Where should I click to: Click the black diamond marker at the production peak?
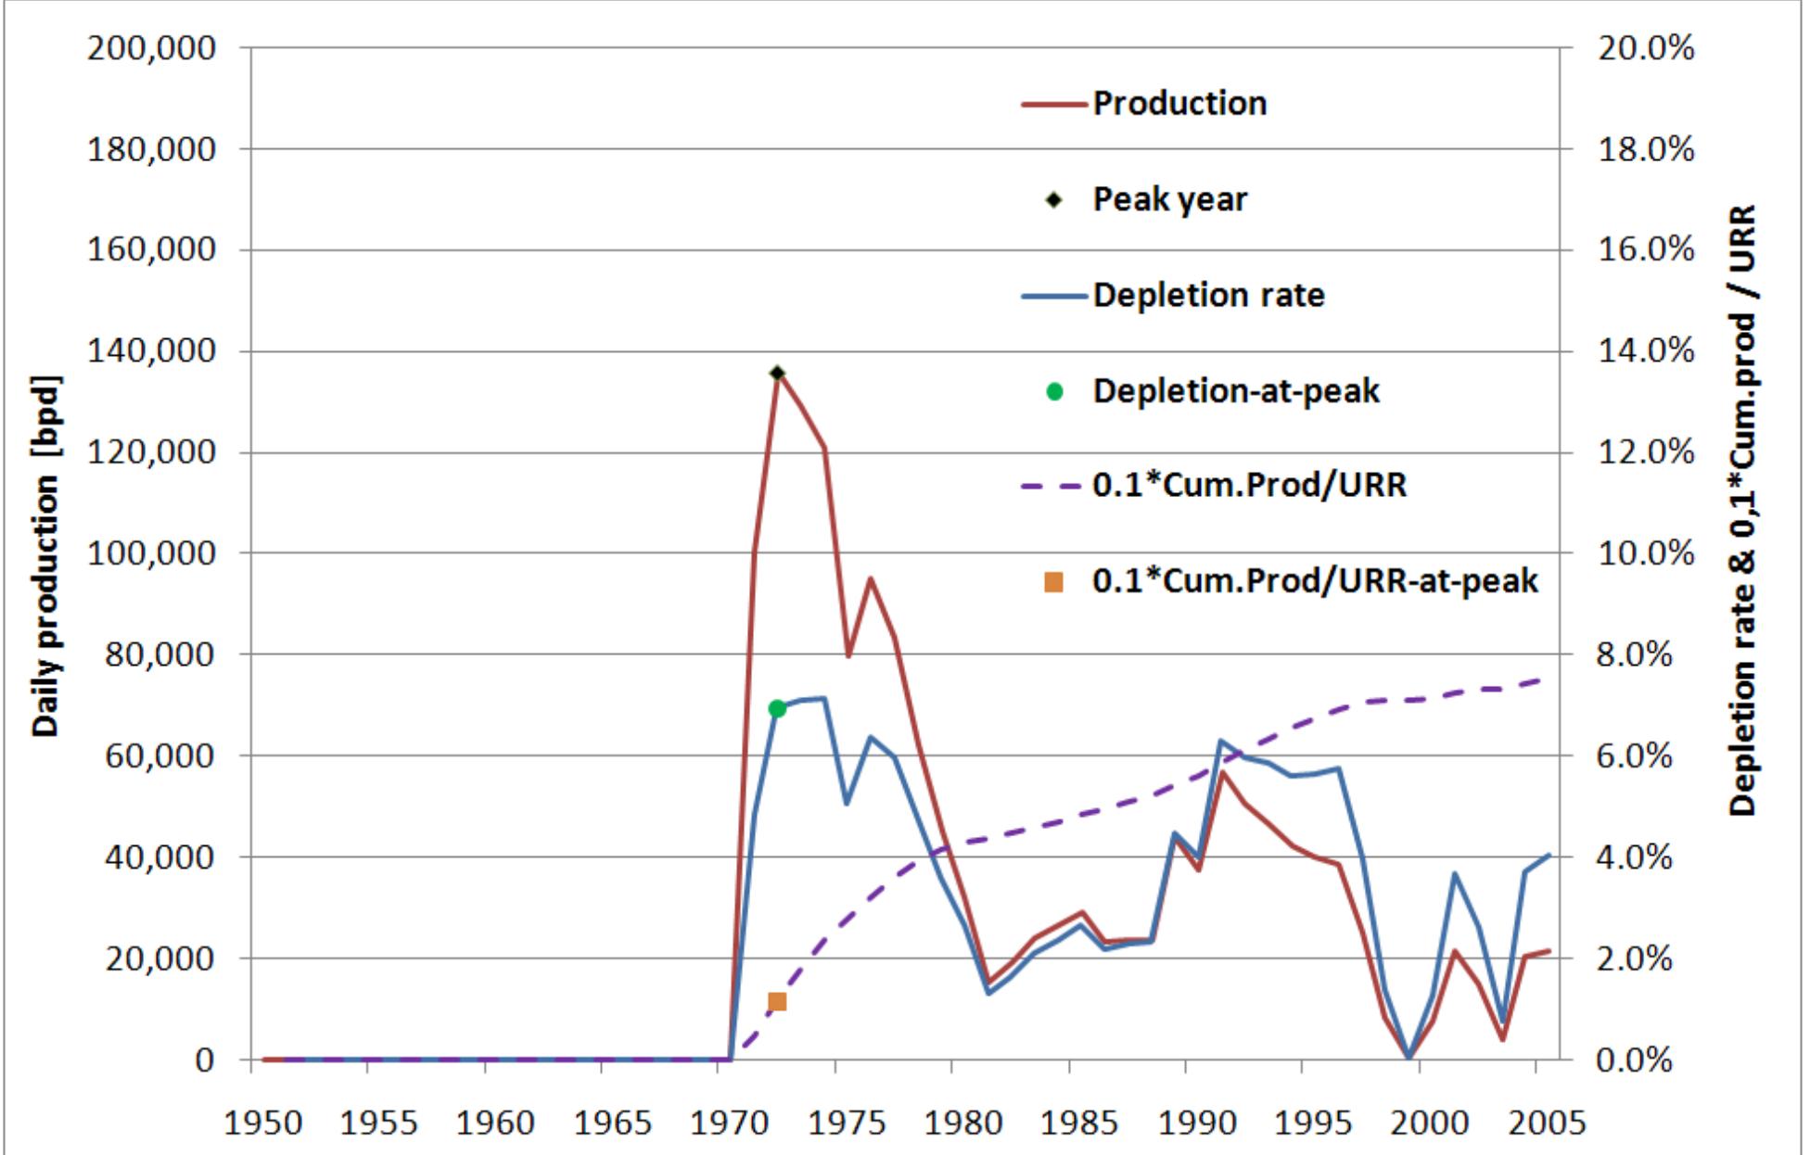point(777,374)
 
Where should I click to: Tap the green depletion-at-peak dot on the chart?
point(777,709)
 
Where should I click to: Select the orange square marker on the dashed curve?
point(777,1002)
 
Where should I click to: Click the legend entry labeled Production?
point(1179,103)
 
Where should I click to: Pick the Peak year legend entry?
point(1169,199)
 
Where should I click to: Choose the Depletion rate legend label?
point(1208,296)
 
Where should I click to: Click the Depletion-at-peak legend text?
point(1235,391)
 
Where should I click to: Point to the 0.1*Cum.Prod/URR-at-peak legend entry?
point(1314,581)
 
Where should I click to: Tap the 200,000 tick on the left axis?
point(151,48)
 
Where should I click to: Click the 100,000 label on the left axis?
point(151,553)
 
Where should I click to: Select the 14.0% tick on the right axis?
point(1645,351)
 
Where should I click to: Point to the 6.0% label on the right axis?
point(1645,756)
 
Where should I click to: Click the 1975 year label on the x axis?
point(846,1123)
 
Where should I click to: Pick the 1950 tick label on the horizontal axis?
point(262,1123)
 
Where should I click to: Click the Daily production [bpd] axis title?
point(45,556)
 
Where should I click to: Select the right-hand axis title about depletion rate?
point(1743,510)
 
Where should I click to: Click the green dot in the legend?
point(1053,391)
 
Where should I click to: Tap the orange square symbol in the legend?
point(1053,582)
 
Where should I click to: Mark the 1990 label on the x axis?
point(1196,1123)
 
